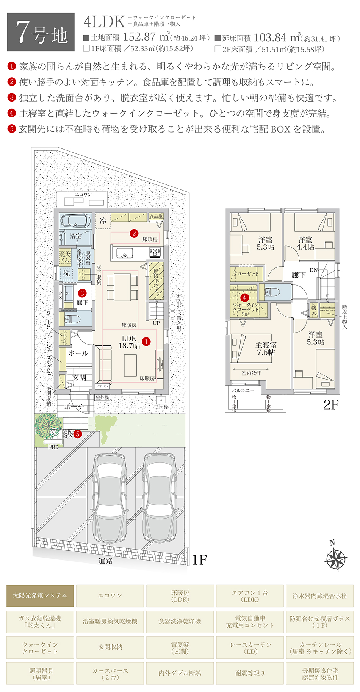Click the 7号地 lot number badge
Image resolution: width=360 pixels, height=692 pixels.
click(x=41, y=32)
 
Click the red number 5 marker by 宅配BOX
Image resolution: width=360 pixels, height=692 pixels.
click(x=78, y=434)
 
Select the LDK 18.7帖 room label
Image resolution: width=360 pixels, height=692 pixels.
click(x=129, y=342)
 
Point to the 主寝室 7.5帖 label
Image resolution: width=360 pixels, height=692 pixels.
click(x=266, y=348)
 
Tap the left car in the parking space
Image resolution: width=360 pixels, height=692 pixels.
click(x=110, y=497)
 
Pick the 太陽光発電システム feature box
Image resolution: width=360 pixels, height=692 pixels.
click(x=40, y=596)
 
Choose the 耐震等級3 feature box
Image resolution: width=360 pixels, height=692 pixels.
click(x=250, y=673)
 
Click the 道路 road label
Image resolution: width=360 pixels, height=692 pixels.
click(x=105, y=561)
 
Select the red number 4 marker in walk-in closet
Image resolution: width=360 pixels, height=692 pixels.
click(x=244, y=298)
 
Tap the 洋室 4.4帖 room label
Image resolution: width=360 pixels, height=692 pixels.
click(x=305, y=243)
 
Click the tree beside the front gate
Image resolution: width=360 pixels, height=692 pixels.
click(x=49, y=426)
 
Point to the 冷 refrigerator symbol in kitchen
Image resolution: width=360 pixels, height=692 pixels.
click(x=103, y=221)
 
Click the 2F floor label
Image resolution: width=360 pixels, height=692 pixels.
click(x=330, y=405)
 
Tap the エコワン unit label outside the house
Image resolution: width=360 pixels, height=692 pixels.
click(x=83, y=195)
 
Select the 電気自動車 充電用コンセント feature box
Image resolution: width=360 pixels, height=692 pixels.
click(x=250, y=622)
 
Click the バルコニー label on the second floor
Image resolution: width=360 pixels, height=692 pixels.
click(x=243, y=390)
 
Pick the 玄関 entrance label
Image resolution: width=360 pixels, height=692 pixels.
click(x=79, y=378)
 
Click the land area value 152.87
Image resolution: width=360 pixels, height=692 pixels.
click(x=139, y=37)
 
